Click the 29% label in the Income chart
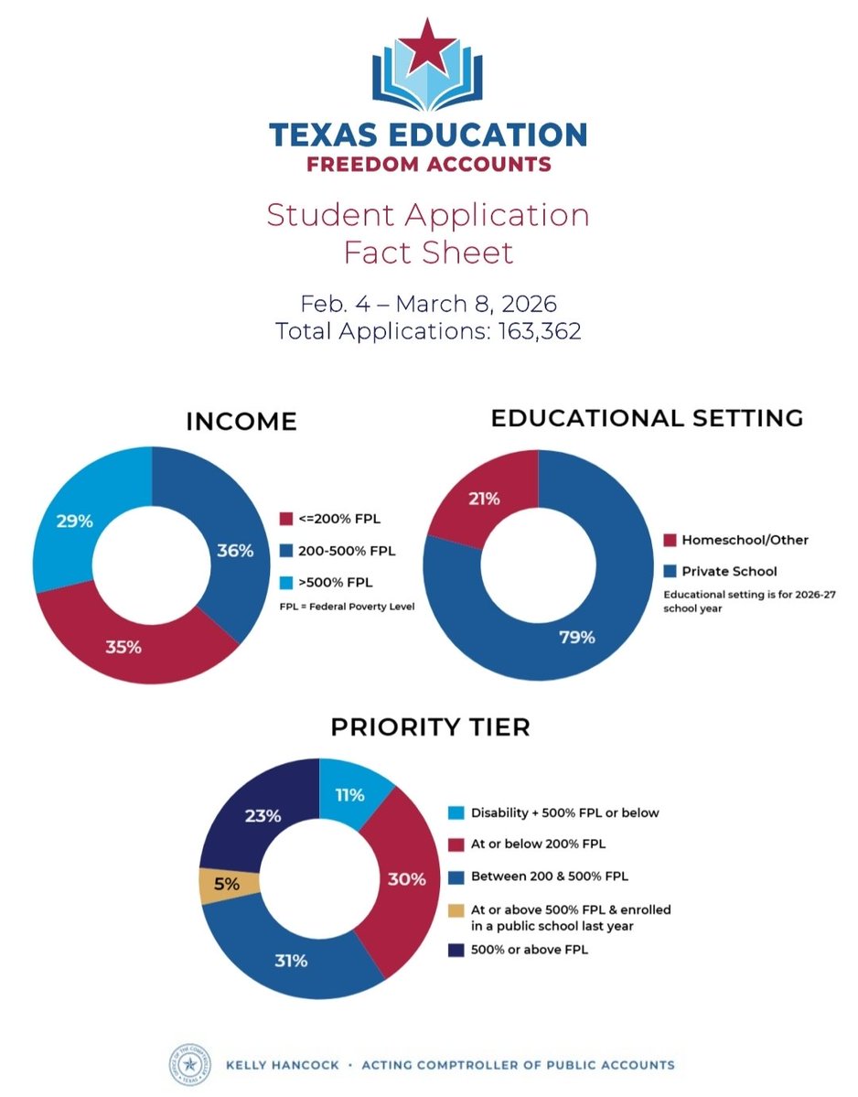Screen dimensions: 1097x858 point(74,521)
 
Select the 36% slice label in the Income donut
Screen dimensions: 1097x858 point(235,551)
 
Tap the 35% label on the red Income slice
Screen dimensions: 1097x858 point(123,647)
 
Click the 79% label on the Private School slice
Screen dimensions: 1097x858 point(576,638)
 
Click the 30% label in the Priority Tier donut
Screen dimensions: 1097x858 point(406,879)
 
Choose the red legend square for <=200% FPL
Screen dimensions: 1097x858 point(284,520)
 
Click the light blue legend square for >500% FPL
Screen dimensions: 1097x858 point(284,582)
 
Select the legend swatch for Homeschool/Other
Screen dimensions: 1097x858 point(670,540)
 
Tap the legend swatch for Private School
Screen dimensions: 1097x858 point(670,571)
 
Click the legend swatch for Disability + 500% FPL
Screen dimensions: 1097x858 point(456,812)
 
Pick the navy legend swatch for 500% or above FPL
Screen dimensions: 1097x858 point(456,950)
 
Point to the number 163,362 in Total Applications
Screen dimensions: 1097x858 point(540,331)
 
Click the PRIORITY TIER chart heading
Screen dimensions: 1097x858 point(430,728)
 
